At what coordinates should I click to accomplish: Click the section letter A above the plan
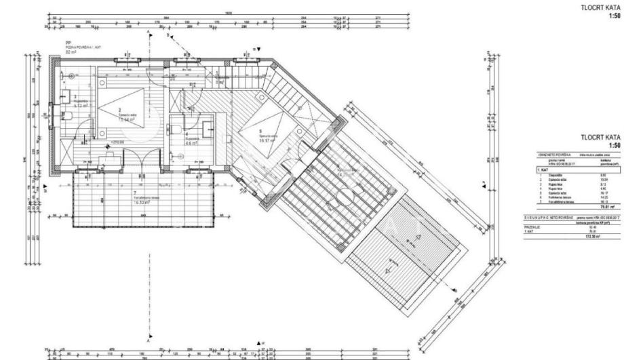tap(149, 32)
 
